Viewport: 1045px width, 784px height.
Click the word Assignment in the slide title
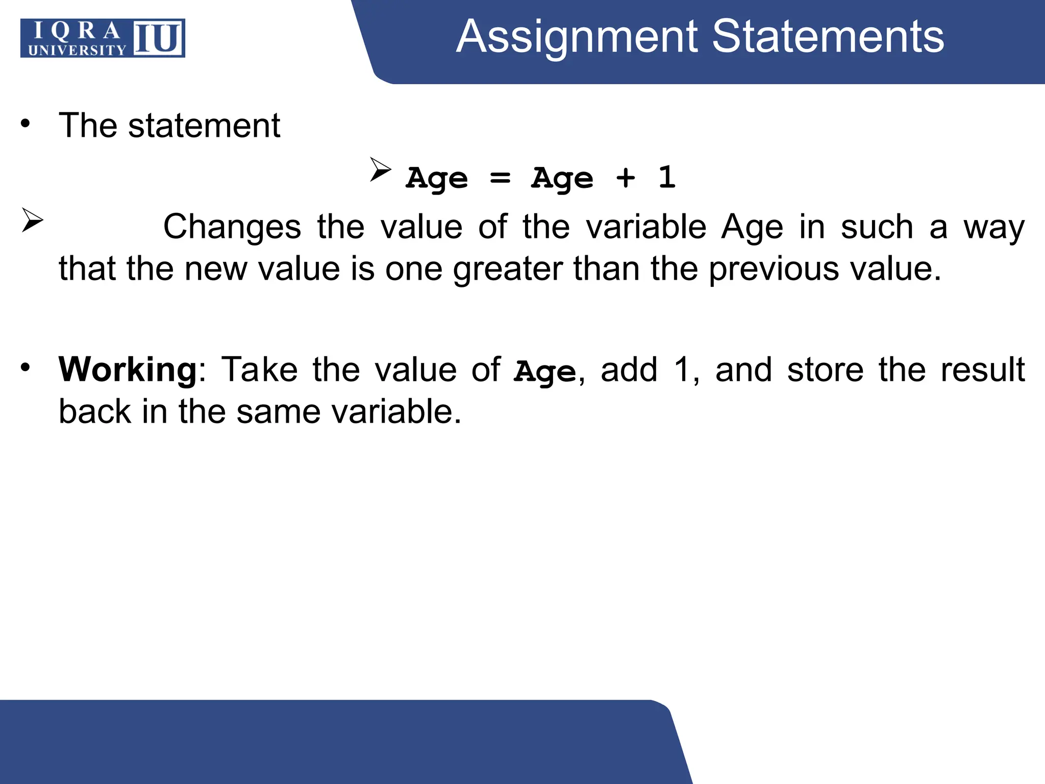(577, 37)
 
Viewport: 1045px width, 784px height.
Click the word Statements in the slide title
(828, 37)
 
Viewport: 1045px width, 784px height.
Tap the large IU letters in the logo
(158, 38)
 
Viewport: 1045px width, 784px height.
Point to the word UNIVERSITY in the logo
(77, 50)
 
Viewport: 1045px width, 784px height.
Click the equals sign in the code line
(500, 178)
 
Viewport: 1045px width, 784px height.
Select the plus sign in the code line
(626, 178)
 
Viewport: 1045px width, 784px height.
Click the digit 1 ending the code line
(667, 177)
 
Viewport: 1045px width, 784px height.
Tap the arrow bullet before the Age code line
(380, 169)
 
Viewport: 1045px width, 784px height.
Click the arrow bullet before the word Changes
(32, 220)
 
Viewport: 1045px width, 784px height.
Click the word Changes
(232, 227)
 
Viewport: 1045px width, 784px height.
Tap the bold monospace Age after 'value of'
(545, 372)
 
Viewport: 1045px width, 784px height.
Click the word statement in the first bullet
(204, 126)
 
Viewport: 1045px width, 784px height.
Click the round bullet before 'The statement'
(26, 124)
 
